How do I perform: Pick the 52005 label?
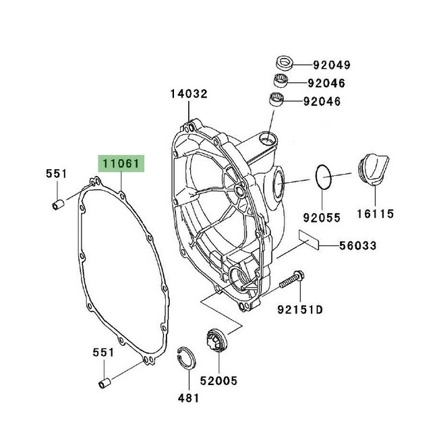click(x=219, y=380)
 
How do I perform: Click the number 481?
click(x=188, y=398)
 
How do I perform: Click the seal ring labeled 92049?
click(x=284, y=63)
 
